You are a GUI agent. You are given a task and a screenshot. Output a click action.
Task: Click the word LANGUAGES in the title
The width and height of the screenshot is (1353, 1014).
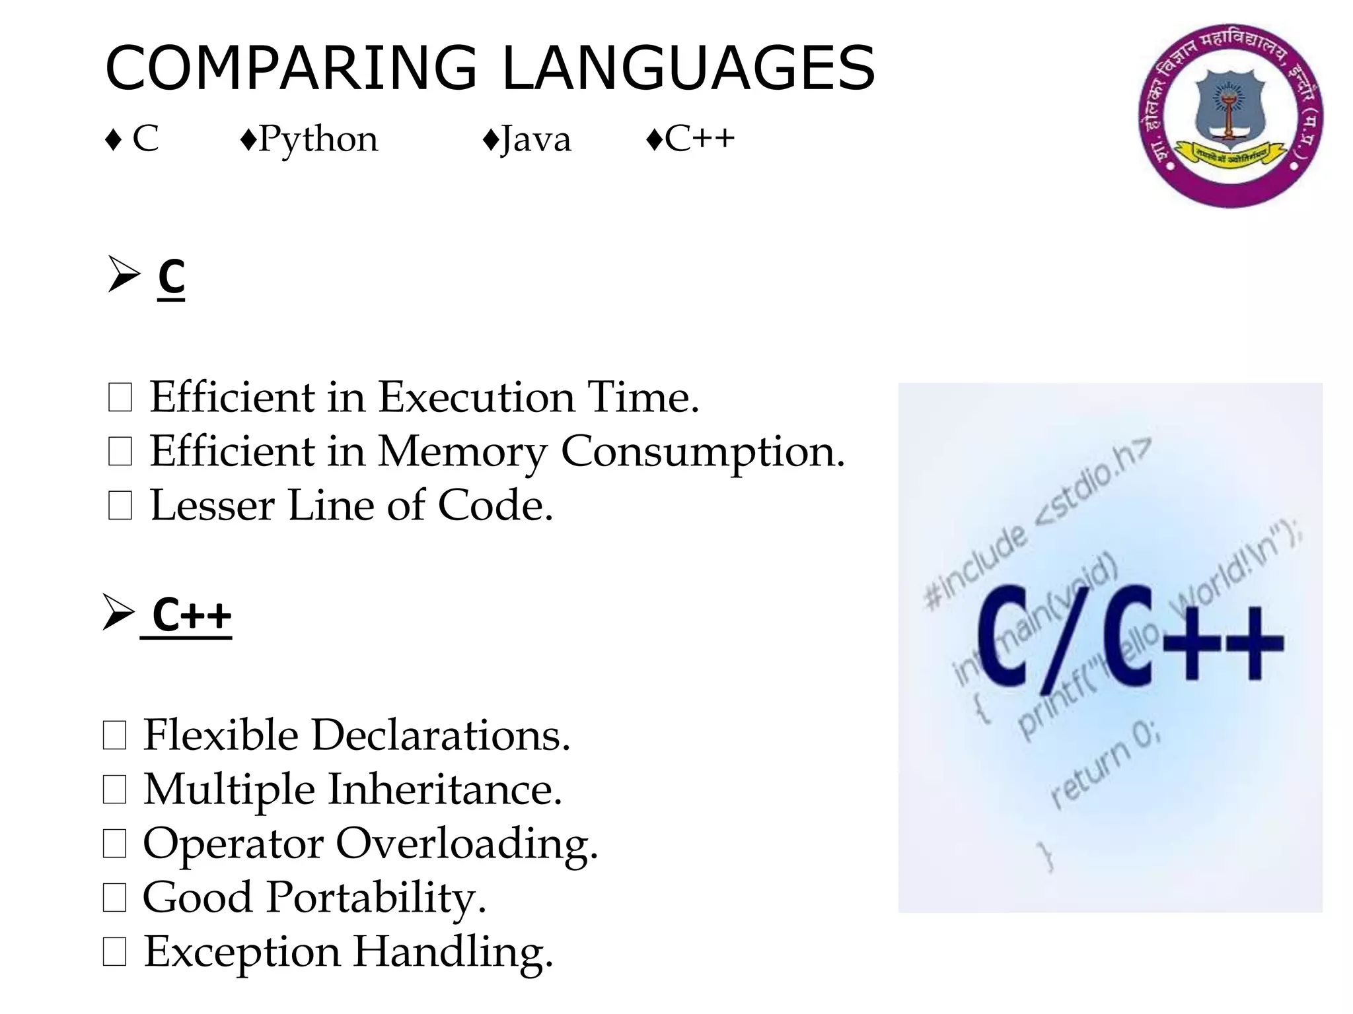[x=688, y=68]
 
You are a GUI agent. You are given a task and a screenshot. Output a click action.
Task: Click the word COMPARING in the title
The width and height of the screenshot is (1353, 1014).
[x=291, y=68]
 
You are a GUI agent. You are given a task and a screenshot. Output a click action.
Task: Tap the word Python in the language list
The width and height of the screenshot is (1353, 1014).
[x=318, y=139]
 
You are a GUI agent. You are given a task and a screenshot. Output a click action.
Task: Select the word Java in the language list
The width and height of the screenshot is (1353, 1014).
[x=535, y=140]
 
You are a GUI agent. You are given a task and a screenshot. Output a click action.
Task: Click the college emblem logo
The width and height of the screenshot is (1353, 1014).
[x=1230, y=116]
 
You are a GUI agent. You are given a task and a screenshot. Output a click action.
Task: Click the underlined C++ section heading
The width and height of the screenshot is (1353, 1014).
[x=192, y=615]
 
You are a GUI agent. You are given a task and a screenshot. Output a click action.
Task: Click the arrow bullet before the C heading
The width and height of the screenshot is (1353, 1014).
[x=124, y=275]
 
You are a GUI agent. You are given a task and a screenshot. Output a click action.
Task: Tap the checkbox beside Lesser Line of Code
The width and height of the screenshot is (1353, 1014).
[x=120, y=506]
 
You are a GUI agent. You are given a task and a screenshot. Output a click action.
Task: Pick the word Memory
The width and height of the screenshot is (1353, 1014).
[x=462, y=453]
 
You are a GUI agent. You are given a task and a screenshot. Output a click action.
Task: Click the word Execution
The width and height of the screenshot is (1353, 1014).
[x=476, y=398]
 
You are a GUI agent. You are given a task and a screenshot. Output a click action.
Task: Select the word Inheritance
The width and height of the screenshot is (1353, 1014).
[x=445, y=790]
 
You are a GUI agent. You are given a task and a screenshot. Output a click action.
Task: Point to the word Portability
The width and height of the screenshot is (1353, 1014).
[x=377, y=898]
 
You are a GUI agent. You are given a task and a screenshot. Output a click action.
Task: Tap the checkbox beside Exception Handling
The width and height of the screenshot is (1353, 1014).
[x=115, y=953]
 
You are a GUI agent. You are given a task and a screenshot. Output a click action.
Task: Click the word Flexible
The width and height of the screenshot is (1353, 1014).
[x=221, y=735]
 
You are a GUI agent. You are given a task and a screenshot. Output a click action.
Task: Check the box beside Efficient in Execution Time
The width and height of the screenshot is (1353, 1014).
[x=120, y=398]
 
